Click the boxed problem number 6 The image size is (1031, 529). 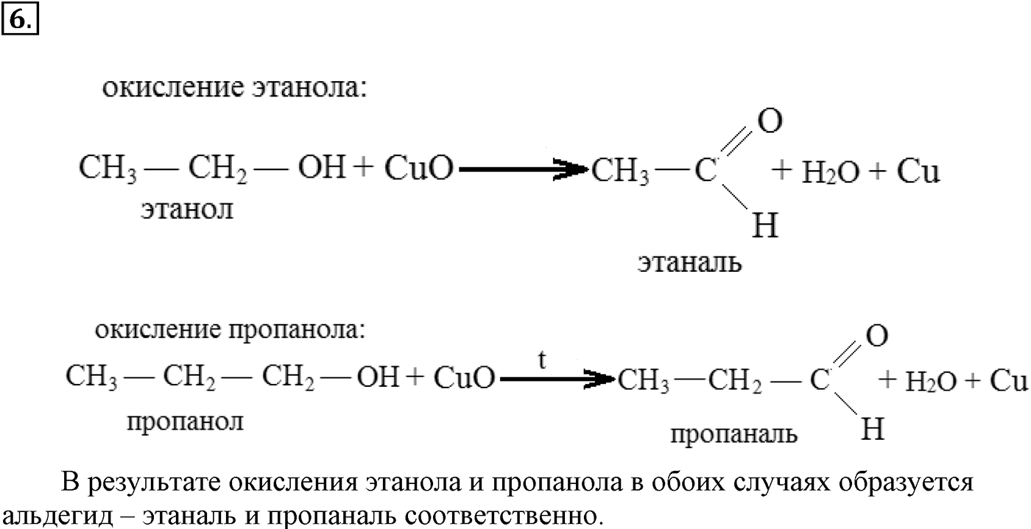20,19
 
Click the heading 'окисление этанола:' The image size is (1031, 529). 235,88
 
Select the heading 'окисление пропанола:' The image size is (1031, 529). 230,330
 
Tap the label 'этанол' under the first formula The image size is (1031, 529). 187,210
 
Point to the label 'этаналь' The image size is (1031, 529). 689,263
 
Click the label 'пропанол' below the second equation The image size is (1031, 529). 185,422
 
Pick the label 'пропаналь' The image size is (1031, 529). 733,434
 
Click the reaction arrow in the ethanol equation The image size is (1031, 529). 524,169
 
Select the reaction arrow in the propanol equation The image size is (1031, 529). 557,379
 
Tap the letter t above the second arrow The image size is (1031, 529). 542,360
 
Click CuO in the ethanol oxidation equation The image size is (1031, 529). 419,167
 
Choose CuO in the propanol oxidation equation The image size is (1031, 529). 464,378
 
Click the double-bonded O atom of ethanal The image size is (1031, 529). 770,121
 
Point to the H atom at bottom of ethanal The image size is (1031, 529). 765,225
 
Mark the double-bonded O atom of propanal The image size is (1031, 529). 877,336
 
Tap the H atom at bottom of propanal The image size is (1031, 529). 873,429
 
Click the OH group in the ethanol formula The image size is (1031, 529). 322,167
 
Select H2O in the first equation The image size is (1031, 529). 831,172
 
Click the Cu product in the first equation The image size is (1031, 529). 918,171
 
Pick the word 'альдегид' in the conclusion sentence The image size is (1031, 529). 57,516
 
